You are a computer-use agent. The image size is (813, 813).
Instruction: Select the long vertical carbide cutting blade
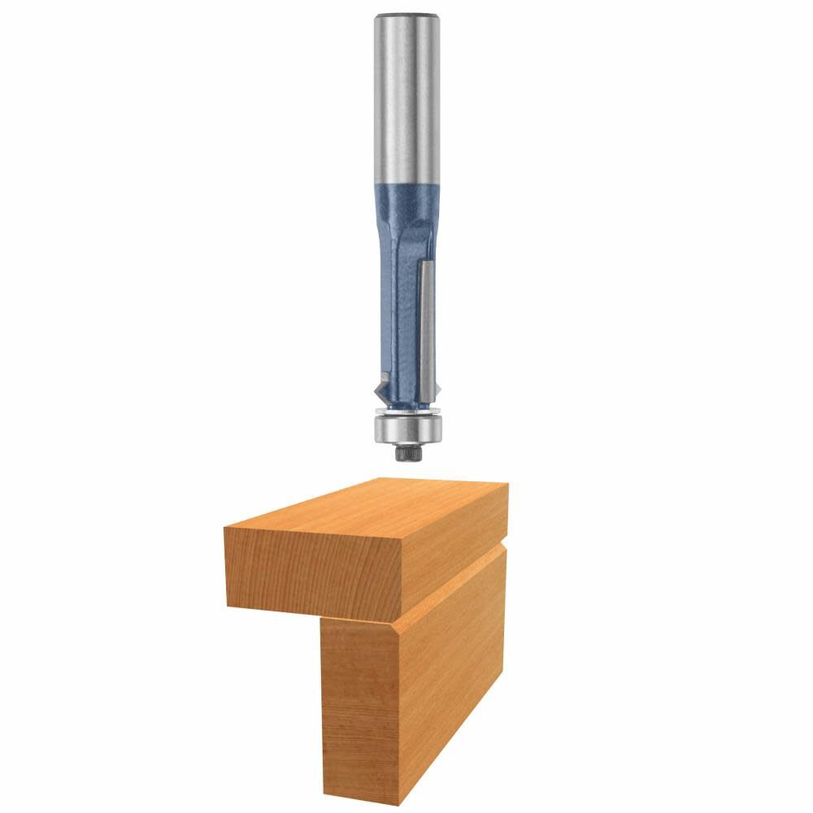424,325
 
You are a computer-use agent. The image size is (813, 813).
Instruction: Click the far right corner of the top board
507,485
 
